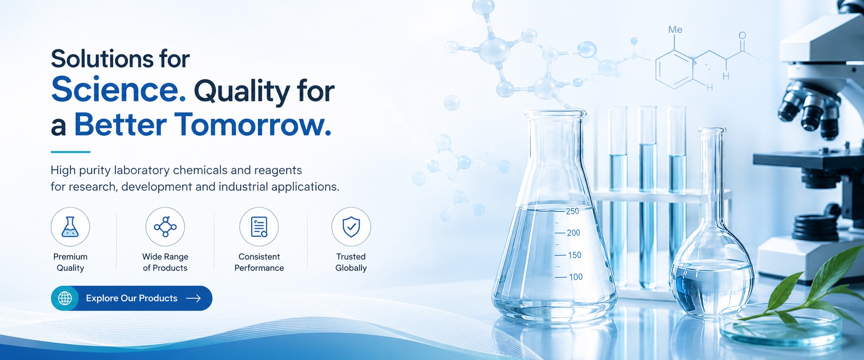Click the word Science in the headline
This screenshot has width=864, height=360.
[x=118, y=89]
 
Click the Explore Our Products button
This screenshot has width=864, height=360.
[x=132, y=298]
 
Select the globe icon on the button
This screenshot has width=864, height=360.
[x=65, y=298]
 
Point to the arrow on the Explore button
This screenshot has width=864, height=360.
[x=194, y=298]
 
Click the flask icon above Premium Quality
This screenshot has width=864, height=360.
[x=70, y=227]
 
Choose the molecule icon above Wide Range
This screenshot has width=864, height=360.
[x=165, y=227]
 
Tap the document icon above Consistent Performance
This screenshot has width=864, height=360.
[x=259, y=227]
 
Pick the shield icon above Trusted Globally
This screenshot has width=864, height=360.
[x=351, y=227]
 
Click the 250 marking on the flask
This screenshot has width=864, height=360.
[x=572, y=211]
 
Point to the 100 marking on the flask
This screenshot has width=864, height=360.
[x=575, y=277]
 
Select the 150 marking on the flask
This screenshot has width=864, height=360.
[x=574, y=255]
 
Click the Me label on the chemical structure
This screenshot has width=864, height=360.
[x=675, y=29]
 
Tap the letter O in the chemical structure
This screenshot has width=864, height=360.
[x=742, y=35]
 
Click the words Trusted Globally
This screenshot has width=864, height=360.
[x=351, y=262]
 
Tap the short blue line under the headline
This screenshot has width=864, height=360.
[x=70, y=152]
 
